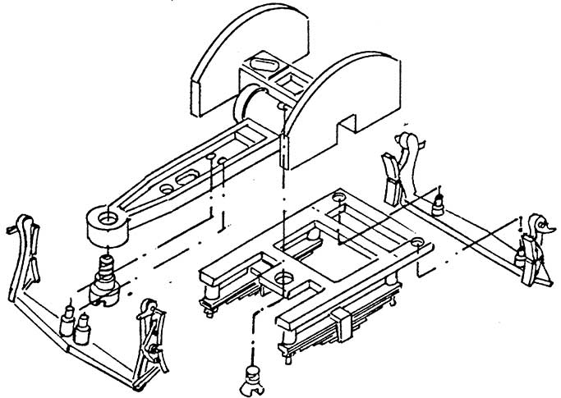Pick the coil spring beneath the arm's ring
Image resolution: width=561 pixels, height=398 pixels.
(106, 268)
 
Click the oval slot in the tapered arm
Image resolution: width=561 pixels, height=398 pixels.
(190, 176)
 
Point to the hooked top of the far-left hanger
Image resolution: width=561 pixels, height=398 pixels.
(25, 226)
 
